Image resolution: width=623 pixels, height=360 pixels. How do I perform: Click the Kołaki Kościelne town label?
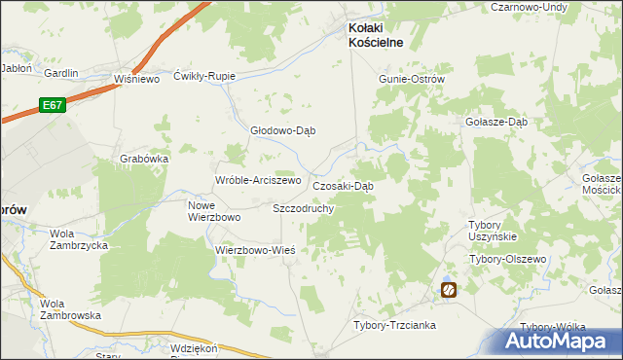point(377,35)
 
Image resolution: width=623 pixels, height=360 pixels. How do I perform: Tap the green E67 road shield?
point(53,104)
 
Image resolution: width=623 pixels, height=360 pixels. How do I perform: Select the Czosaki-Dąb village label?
point(343,186)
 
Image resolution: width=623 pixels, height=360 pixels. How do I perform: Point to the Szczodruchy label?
point(304,208)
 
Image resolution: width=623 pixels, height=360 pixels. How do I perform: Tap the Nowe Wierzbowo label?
point(213,211)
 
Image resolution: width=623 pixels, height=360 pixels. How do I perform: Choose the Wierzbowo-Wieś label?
point(254,249)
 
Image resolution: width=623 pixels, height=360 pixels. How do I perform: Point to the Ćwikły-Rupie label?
point(204,75)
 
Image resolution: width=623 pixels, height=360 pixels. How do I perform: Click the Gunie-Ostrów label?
point(411,79)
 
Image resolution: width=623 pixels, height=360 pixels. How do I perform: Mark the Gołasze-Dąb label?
point(496,122)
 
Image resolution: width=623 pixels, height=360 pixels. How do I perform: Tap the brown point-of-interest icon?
point(449,289)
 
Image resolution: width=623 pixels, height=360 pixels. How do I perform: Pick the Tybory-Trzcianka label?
point(394,325)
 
